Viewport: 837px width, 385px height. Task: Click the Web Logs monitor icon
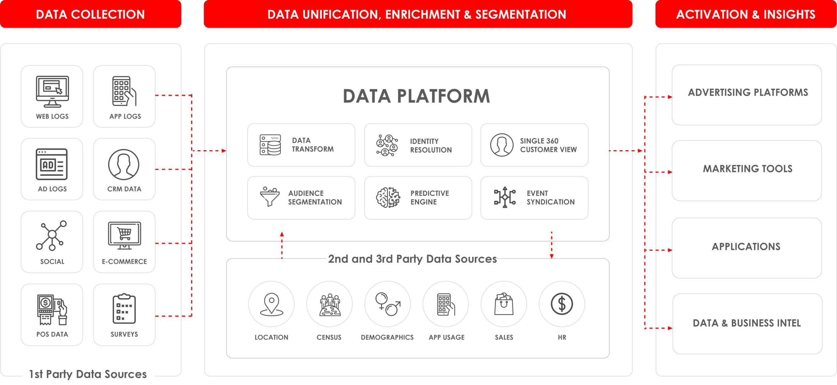[x=53, y=92]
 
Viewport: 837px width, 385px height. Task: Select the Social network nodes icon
[x=52, y=235]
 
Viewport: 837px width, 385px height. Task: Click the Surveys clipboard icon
[x=124, y=309]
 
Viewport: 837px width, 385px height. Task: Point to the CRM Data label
[x=124, y=189]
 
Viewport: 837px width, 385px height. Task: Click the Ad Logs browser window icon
[x=52, y=164]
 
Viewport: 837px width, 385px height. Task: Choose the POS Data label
[x=52, y=334]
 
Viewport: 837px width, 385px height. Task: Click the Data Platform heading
[x=416, y=96]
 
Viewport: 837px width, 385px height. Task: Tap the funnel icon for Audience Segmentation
[x=270, y=197]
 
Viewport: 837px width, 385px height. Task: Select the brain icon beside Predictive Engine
[x=388, y=198]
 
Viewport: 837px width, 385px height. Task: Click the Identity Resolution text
[x=431, y=146]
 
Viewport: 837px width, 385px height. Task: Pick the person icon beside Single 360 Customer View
[x=502, y=145]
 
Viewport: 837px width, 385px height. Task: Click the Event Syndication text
[x=550, y=198]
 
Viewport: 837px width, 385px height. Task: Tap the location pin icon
[x=272, y=304]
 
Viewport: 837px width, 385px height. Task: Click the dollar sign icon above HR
[x=562, y=304]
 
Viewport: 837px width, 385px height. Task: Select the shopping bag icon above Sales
[x=504, y=304]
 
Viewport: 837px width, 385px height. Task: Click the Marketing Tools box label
[x=748, y=169]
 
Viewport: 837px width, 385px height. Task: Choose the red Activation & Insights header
[x=746, y=14]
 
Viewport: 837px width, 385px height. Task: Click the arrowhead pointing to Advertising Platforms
[x=670, y=97]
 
